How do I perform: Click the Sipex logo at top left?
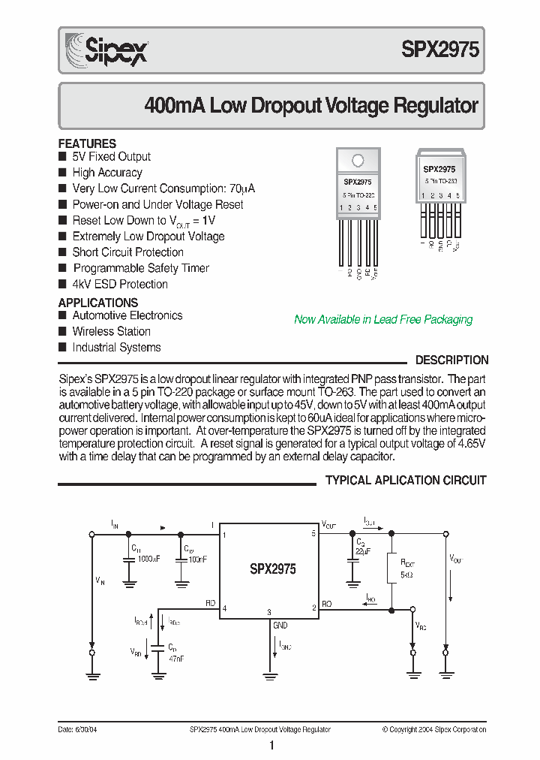pos(106,50)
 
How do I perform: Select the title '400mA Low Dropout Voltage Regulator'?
pos(310,105)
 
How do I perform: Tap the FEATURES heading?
pos(87,143)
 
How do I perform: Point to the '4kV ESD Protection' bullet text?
pos(119,284)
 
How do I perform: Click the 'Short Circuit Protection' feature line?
pos(127,252)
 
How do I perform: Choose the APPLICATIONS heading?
pos(98,303)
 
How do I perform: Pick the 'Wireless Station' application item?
pos(111,331)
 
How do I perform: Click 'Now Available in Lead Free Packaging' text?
pos(383,319)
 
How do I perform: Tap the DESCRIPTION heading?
pos(451,360)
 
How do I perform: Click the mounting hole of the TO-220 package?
pos(358,160)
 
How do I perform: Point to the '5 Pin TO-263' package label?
pos(439,182)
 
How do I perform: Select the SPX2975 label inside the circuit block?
pos(273,569)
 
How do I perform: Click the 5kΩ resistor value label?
pos(407,573)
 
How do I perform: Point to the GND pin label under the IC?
pos(280,625)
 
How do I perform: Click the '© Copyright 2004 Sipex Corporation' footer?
pos(433,729)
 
